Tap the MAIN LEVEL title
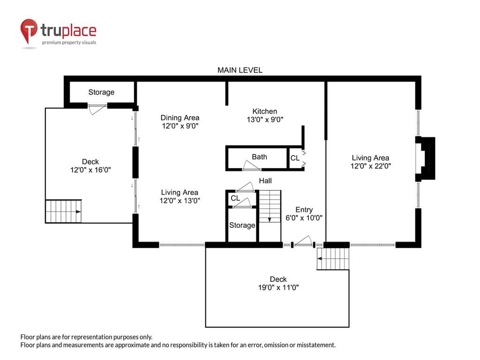tap(240, 70)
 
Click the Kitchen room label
tap(265, 112)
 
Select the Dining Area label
tap(180, 118)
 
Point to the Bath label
tap(259, 157)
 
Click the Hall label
tap(265, 180)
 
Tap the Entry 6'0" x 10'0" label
tap(304, 214)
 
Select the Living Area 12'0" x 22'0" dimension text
tap(371, 166)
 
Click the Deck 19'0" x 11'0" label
tap(278, 283)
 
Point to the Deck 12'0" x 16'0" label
tap(90, 165)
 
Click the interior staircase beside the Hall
tap(270, 206)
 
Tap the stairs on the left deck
tap(64, 211)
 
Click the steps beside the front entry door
tap(333, 259)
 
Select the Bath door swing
tap(251, 165)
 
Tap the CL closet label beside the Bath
tap(295, 158)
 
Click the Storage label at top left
tap(101, 92)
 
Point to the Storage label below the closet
tap(242, 225)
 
